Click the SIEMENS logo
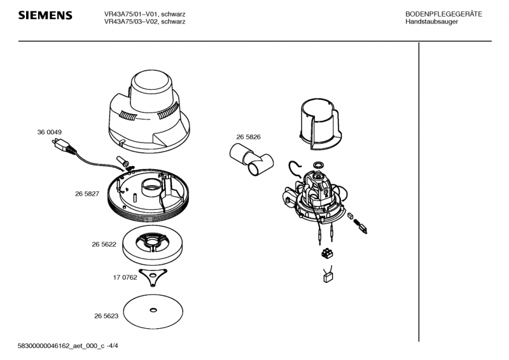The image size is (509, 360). (45, 15)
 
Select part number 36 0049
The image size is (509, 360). (50, 132)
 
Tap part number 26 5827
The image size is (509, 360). (87, 194)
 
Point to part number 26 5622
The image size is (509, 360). (104, 244)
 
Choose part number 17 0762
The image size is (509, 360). (125, 277)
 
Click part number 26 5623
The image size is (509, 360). (106, 316)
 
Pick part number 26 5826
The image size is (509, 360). (248, 137)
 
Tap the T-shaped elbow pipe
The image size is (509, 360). (251, 160)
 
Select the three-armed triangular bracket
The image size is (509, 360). (153, 277)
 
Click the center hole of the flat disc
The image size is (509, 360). (153, 310)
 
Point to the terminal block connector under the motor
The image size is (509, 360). (327, 253)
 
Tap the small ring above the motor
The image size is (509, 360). (318, 164)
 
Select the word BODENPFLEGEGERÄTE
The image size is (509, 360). (443, 14)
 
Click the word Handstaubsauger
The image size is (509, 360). (432, 22)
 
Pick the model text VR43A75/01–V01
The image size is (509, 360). (131, 14)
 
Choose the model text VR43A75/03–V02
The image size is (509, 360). (131, 22)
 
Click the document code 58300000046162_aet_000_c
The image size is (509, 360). (61, 346)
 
